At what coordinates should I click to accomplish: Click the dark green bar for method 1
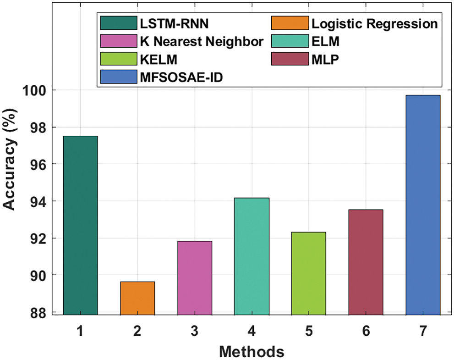(81, 225)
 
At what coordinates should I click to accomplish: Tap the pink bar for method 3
(195, 278)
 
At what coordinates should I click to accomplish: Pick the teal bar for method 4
(252, 256)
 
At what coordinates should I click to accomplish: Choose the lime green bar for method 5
(309, 273)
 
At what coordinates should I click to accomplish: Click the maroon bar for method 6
(366, 262)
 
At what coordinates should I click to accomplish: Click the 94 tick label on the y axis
(38, 201)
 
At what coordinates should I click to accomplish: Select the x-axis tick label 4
(252, 330)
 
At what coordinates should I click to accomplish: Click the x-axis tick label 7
(423, 330)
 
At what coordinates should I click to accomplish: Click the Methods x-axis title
(252, 352)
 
